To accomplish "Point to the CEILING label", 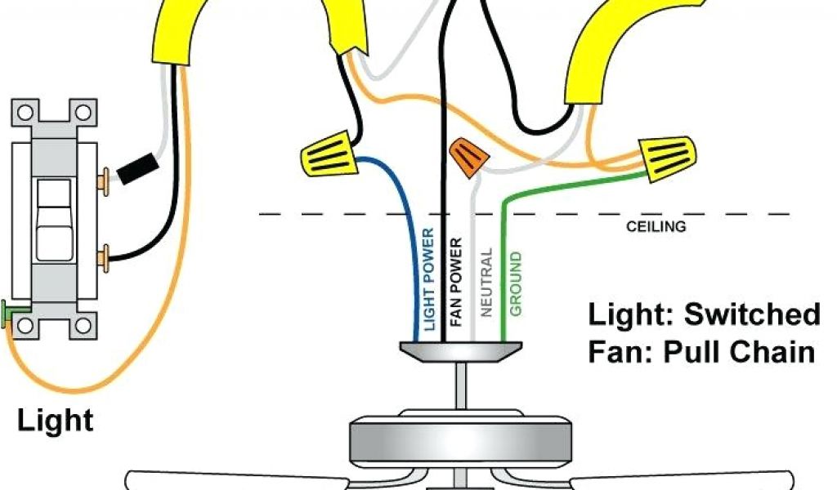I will [656, 226].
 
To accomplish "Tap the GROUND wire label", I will [516, 284].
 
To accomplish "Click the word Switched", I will [751, 314].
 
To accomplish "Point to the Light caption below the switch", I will [56, 421].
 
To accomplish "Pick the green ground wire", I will [504, 245].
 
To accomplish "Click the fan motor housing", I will [461, 442].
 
